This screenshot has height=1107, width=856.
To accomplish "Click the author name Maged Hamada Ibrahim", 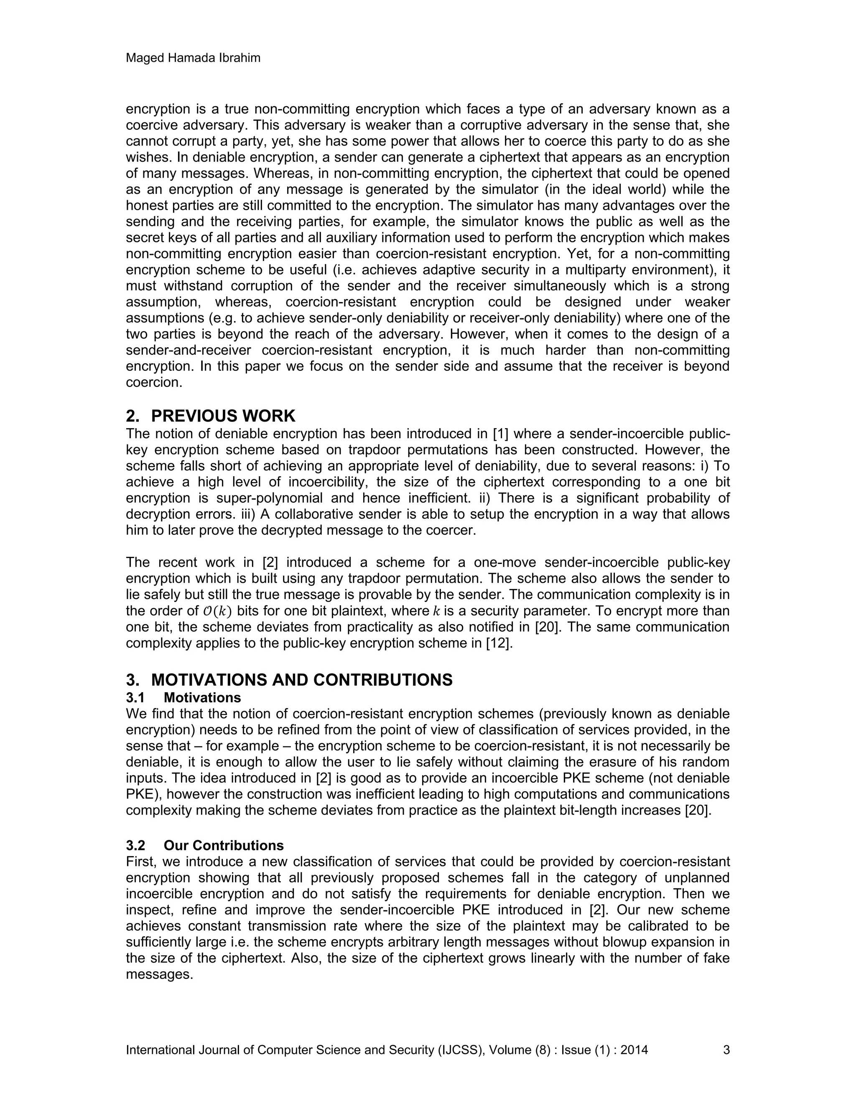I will point(193,58).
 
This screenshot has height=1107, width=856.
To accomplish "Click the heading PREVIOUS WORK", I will point(223,416).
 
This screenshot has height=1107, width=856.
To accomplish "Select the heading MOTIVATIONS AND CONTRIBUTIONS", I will point(302,680).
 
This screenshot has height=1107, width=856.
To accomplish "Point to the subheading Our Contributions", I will point(224,845).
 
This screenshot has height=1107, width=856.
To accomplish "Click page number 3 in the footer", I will point(726,1050).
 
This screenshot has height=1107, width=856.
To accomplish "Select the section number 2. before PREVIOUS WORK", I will point(133,416).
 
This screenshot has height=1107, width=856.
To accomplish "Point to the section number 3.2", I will point(135,845).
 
